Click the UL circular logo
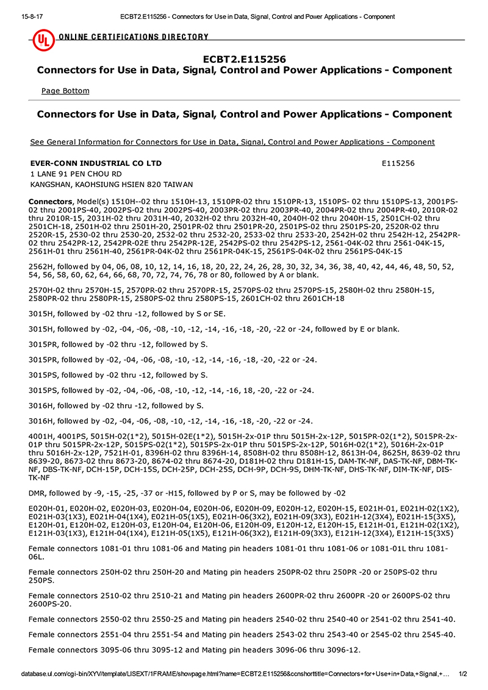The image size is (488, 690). (x=43, y=40)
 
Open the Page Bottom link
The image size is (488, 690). (x=65, y=91)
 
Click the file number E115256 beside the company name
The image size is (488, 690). (x=398, y=163)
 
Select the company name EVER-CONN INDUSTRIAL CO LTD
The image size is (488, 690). (x=96, y=163)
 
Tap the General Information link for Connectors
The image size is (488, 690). (x=232, y=142)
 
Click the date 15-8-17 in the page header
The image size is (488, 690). (x=23, y=16)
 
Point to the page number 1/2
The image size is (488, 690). (x=462, y=674)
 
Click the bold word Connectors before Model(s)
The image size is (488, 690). (x=51, y=202)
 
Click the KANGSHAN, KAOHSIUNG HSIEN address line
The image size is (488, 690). (x=112, y=184)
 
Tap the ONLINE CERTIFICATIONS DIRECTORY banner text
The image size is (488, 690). (x=134, y=37)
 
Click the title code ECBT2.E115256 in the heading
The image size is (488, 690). (x=244, y=59)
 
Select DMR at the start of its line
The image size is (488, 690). (x=38, y=493)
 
